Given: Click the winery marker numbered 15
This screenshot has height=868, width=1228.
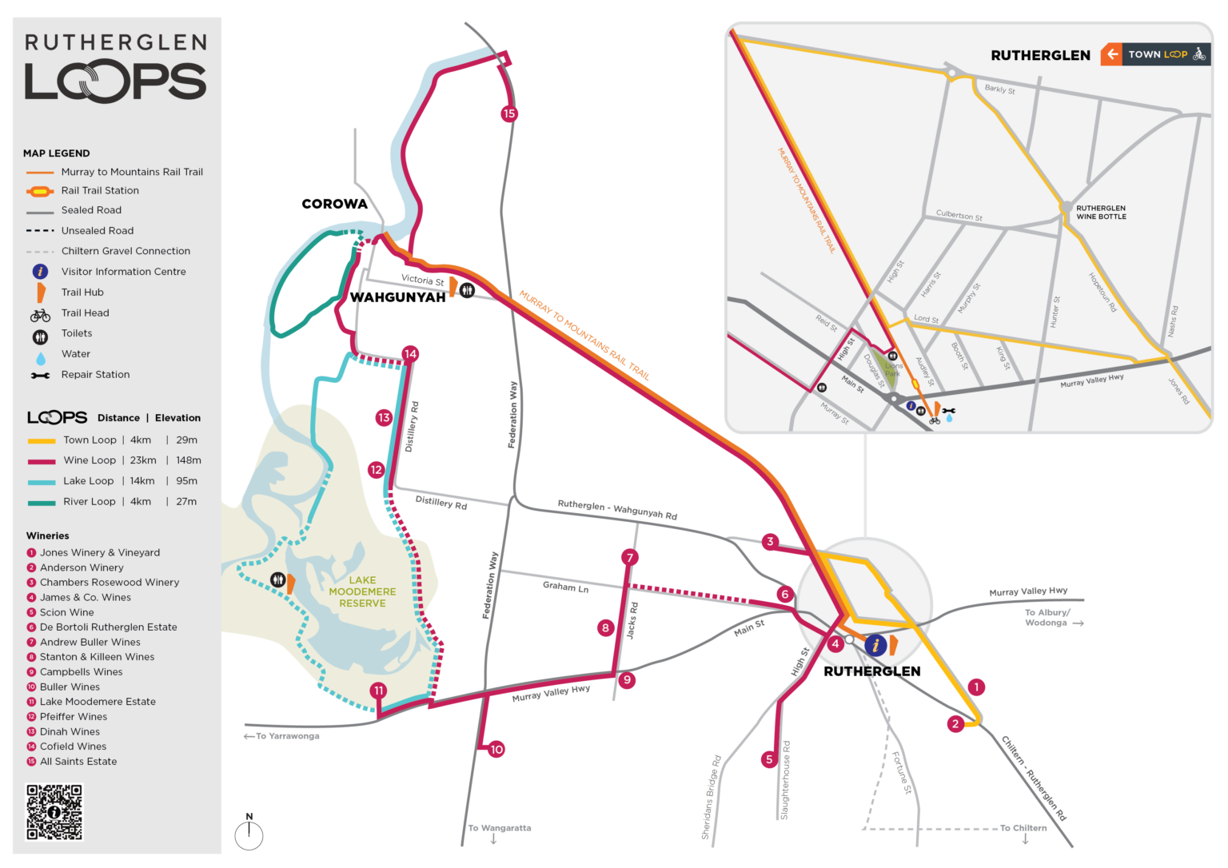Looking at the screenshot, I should [509, 113].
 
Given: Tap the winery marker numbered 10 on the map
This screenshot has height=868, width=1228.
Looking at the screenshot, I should [496, 749].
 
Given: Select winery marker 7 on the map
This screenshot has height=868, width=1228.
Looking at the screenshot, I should [630, 557].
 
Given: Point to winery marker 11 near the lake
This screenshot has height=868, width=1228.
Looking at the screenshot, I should [379, 691].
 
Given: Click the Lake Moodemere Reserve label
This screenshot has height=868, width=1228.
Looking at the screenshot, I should [362, 591].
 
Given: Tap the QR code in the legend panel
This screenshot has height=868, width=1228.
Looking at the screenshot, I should [54, 811].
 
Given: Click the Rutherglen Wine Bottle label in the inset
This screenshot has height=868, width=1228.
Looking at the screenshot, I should [1101, 212].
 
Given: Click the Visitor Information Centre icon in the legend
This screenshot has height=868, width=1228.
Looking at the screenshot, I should [40, 272].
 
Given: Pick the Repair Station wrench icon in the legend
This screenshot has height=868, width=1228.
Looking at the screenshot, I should [40, 375].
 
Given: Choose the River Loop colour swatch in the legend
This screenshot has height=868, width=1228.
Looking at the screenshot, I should [41, 502].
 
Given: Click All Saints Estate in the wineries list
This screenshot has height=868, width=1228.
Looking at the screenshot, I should [78, 762].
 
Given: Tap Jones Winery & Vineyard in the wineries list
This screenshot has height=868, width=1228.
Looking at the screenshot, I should [100, 552].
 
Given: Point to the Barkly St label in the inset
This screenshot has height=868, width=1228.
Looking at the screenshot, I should [999, 89].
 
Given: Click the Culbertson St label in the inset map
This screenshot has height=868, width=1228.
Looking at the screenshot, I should [959, 215].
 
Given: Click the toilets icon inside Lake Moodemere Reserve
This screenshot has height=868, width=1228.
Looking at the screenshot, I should [277, 579].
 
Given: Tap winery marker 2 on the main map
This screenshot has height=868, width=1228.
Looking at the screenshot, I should [955, 724].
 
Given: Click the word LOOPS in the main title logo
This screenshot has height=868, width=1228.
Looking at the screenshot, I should [116, 80].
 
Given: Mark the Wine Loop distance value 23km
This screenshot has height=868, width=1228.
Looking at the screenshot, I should [143, 460].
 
